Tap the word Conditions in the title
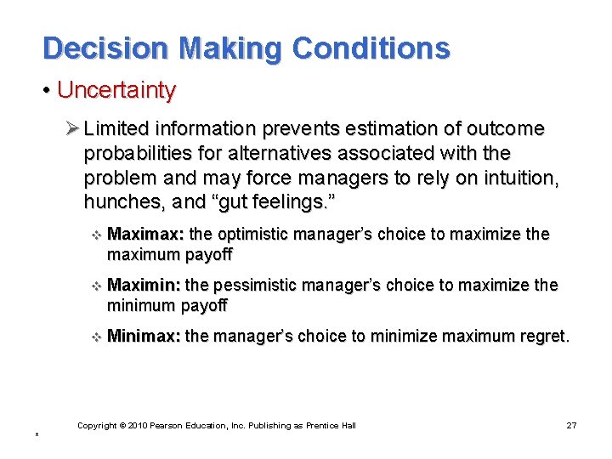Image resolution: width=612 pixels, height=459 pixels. (x=371, y=48)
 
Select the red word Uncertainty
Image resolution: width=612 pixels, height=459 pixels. (x=116, y=90)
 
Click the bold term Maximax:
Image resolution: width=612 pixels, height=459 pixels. (x=146, y=234)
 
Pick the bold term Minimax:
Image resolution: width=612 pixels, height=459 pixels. (x=144, y=336)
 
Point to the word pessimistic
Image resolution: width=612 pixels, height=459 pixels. (x=257, y=285)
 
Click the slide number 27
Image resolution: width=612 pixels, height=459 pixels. (x=571, y=425)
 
